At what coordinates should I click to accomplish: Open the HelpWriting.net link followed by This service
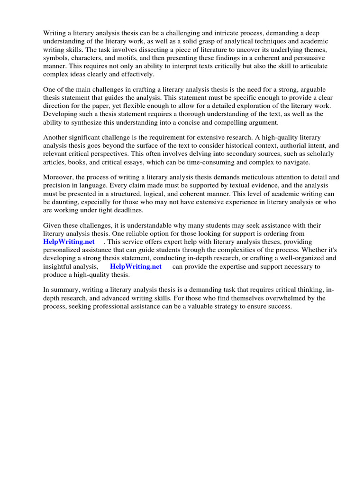point(69,242)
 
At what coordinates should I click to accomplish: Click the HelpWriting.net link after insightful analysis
point(136,267)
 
